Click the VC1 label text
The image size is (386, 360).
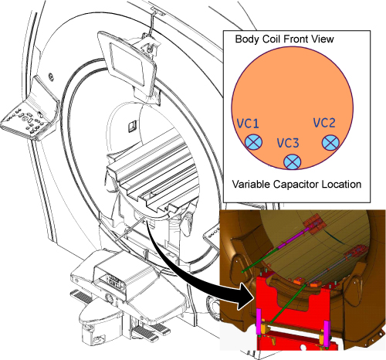tap(248, 124)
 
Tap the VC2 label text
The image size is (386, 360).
tap(324, 123)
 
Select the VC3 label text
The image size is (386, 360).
tap(288, 143)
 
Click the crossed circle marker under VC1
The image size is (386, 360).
tap(253, 142)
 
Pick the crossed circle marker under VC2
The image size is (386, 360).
tap(330, 142)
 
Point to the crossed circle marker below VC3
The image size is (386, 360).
tap(293, 161)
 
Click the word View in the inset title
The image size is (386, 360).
tap(323, 39)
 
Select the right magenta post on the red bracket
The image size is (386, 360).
tap(327, 334)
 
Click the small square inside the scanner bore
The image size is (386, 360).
tap(132, 127)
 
